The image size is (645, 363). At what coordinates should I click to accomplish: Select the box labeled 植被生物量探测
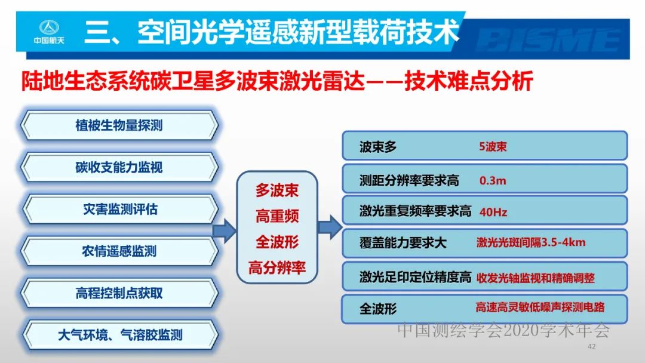coord(119,126)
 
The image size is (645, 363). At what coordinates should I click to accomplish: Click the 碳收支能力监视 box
coord(119,168)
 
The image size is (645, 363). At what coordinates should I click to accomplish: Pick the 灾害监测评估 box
coord(119,210)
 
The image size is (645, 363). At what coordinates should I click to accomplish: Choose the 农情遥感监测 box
coord(119,251)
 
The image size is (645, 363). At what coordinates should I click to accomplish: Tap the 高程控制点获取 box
coord(119,293)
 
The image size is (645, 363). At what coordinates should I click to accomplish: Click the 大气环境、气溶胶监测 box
coord(119,335)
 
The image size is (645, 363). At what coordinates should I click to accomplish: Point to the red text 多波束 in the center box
coord(277,190)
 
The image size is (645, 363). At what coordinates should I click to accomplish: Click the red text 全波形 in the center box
coord(277,242)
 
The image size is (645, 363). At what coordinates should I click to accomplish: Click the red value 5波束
coord(493,146)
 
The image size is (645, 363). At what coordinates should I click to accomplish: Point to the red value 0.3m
coord(493,180)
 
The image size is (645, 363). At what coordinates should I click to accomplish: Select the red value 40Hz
coord(493,211)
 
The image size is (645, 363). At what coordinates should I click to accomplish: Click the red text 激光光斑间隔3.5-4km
coord(531,242)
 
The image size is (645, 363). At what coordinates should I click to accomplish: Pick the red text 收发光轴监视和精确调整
coord(535,278)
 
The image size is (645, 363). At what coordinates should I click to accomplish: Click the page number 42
coord(592,347)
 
